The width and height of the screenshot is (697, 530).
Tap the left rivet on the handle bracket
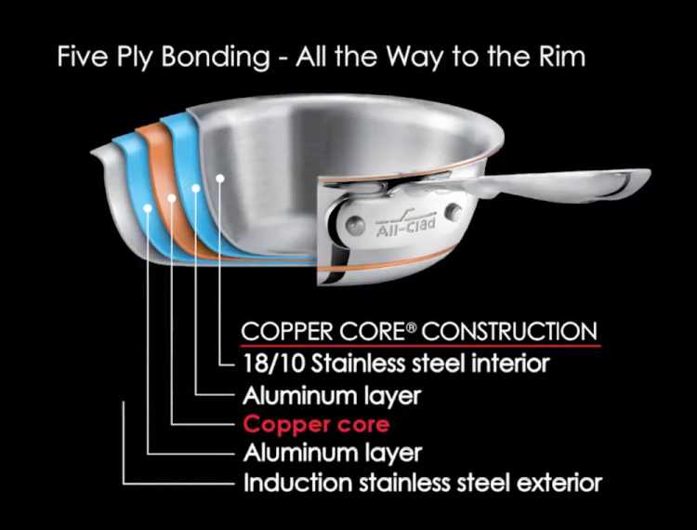(355, 224)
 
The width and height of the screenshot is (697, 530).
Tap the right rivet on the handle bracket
(454, 212)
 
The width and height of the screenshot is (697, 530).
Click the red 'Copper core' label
(316, 425)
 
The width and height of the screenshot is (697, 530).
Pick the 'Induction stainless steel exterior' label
(423, 483)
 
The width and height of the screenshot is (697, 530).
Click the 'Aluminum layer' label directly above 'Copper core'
(332, 395)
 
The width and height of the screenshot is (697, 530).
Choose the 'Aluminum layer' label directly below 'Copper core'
(332, 454)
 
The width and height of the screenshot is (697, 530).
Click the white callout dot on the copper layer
(172, 198)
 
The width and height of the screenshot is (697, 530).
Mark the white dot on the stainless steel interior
(220, 177)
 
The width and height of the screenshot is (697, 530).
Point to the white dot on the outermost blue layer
(148, 208)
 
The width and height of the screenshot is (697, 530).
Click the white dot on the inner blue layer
(196, 188)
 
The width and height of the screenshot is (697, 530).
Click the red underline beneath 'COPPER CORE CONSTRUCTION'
(419, 345)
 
